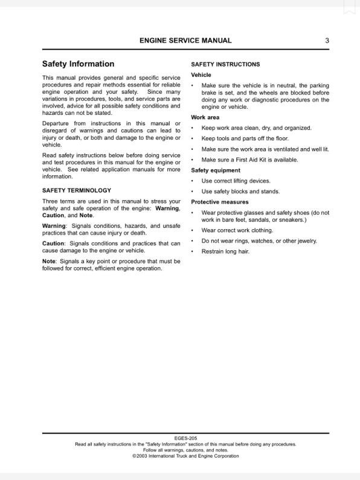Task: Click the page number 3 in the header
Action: (327, 41)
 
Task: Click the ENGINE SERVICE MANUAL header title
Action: (185, 41)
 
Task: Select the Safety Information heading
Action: (78, 64)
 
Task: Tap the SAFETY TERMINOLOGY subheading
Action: (76, 190)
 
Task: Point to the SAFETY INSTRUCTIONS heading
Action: (225, 64)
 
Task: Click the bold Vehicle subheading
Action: (201, 75)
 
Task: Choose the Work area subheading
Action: (205, 117)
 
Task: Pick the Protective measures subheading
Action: (220, 202)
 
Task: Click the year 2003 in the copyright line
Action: (144, 456)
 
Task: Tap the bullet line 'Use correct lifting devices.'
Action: (236, 181)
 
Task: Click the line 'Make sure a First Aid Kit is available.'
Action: (249, 160)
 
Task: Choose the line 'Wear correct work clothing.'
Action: (237, 230)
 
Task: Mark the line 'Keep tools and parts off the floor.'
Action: (245, 138)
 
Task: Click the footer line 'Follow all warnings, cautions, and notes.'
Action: (185, 450)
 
